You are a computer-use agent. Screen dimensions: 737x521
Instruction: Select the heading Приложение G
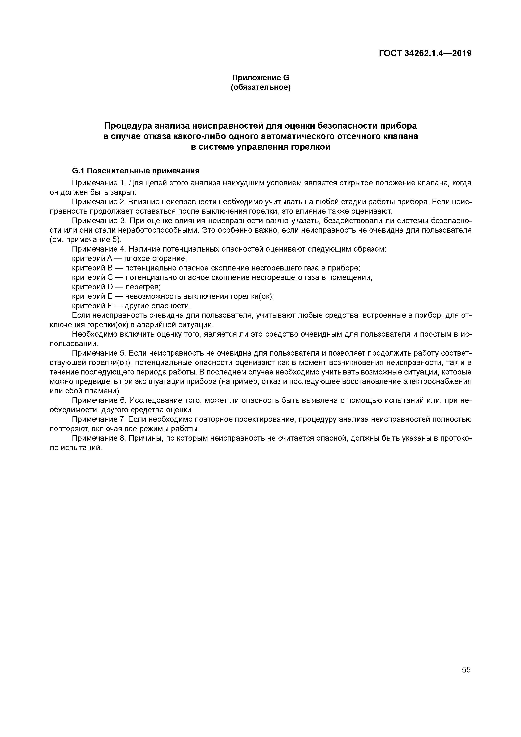click(261, 78)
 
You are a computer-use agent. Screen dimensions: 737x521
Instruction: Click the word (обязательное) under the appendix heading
click(261, 87)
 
